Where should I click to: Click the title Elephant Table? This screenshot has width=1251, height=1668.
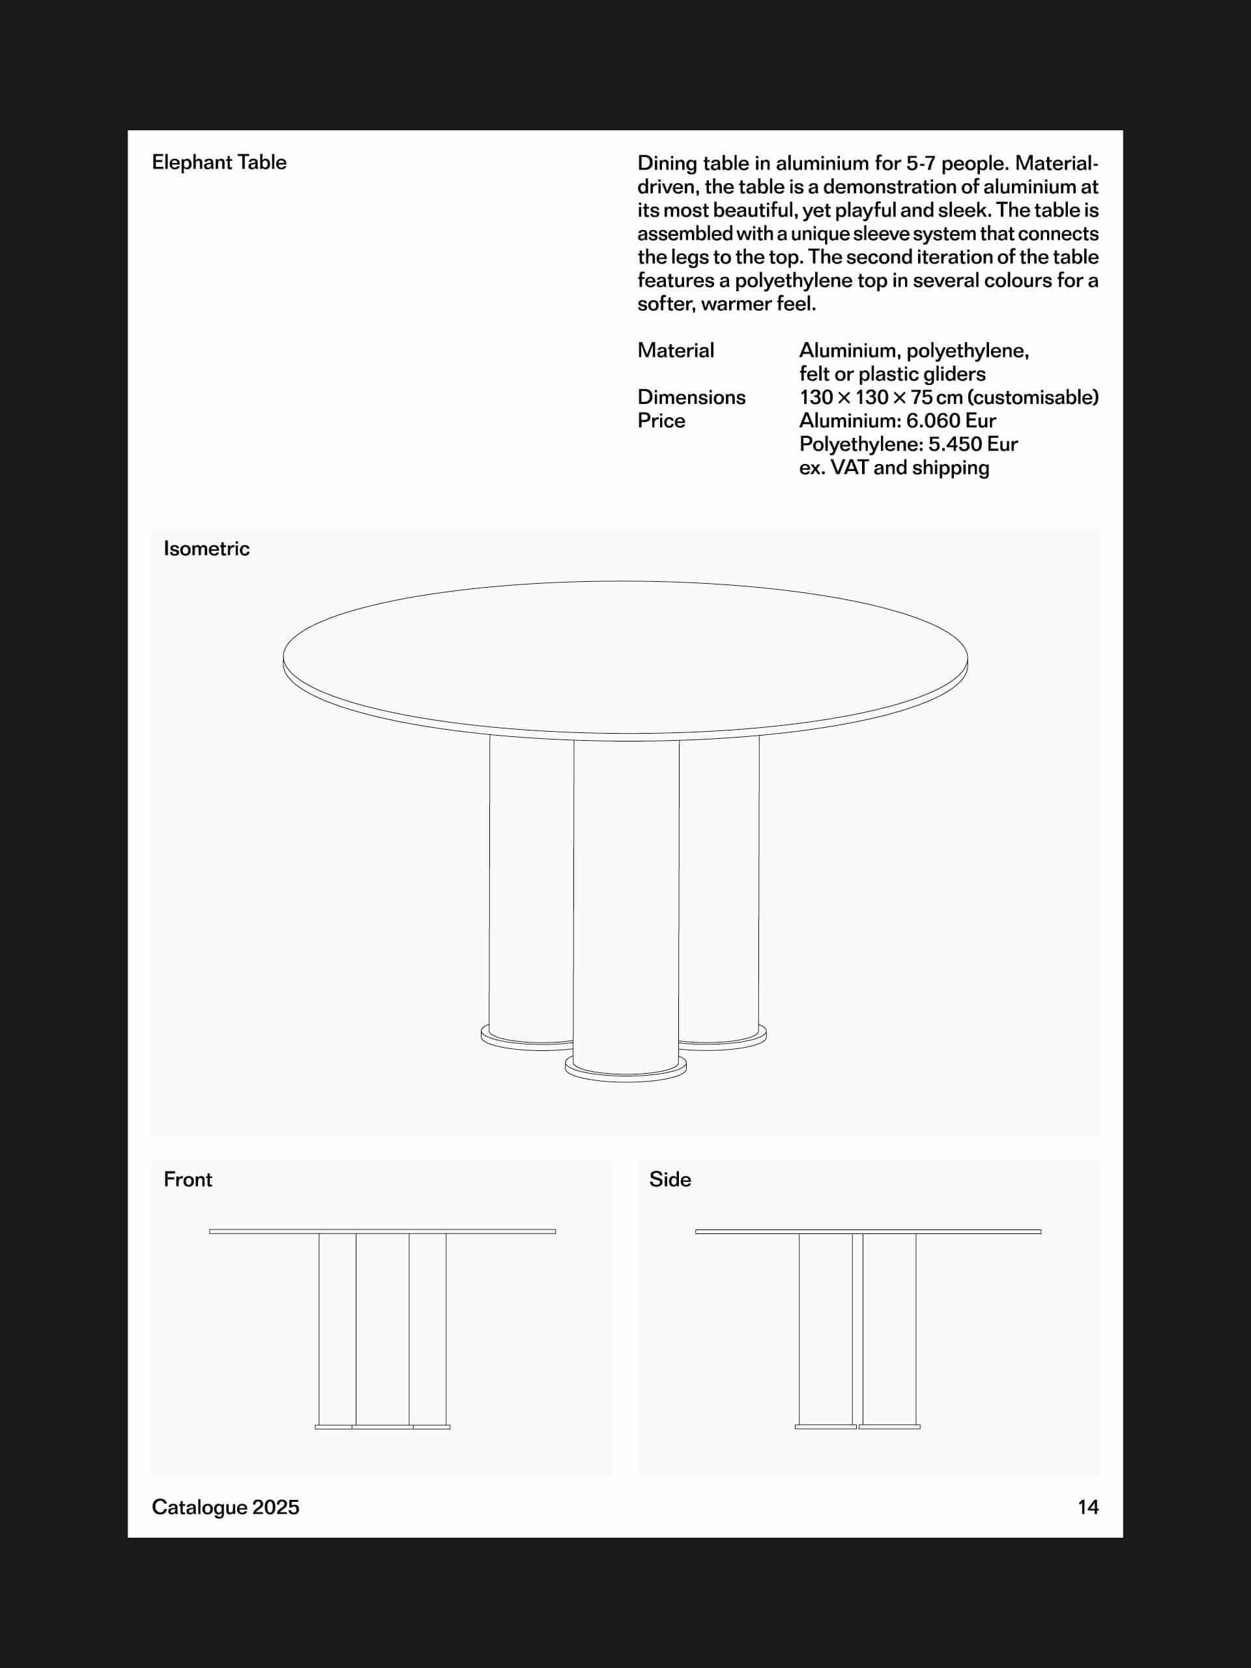[219, 162]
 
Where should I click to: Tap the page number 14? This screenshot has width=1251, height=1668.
[1087, 1506]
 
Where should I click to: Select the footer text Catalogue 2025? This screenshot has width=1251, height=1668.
[225, 1506]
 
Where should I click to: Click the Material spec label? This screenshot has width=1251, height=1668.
[675, 350]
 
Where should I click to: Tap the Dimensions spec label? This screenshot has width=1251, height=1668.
[691, 397]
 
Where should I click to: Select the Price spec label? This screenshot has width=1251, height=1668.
[661, 420]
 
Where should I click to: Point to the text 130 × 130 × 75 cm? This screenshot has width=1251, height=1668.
[881, 397]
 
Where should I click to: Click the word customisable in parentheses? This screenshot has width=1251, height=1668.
[1031, 397]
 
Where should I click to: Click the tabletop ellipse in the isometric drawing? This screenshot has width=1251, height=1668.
[625, 656]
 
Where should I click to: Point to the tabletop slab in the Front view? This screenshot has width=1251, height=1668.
[382, 1231]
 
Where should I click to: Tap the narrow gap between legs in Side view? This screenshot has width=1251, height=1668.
[857, 1327]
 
